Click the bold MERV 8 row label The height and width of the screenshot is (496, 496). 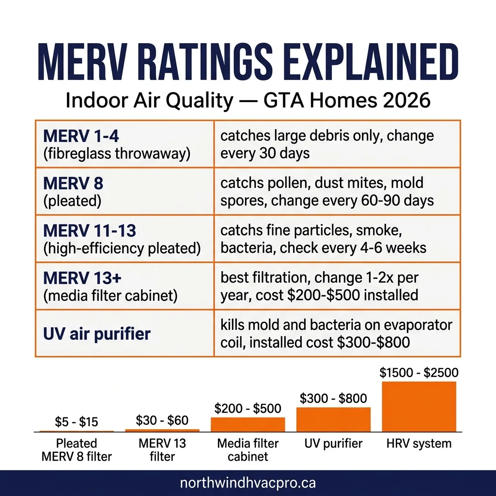pyautogui.click(x=73, y=183)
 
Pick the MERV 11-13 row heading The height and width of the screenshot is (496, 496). pyautogui.click(x=90, y=231)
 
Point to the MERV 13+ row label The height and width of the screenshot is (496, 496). pyautogui.click(x=77, y=278)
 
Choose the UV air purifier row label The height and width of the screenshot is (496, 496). pyautogui.click(x=97, y=334)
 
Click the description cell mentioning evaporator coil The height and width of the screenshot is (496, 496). pyautogui.click(x=336, y=333)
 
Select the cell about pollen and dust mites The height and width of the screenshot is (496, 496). pyautogui.click(x=327, y=191)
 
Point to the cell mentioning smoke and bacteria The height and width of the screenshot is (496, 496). pyautogui.click(x=323, y=239)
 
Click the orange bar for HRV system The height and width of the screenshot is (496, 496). pyautogui.click(x=419, y=406)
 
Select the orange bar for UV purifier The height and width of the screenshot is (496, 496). pyautogui.click(x=333, y=419)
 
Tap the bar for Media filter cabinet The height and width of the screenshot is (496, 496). pyautogui.click(x=248, y=424)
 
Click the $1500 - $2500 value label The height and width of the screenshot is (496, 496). pyautogui.click(x=419, y=373)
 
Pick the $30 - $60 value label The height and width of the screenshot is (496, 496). pyautogui.click(x=162, y=420)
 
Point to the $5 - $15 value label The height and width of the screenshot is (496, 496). pyautogui.click(x=77, y=422)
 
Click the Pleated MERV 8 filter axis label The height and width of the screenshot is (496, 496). pyautogui.click(x=77, y=449)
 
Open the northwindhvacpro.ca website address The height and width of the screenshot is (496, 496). pyautogui.click(x=248, y=483)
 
